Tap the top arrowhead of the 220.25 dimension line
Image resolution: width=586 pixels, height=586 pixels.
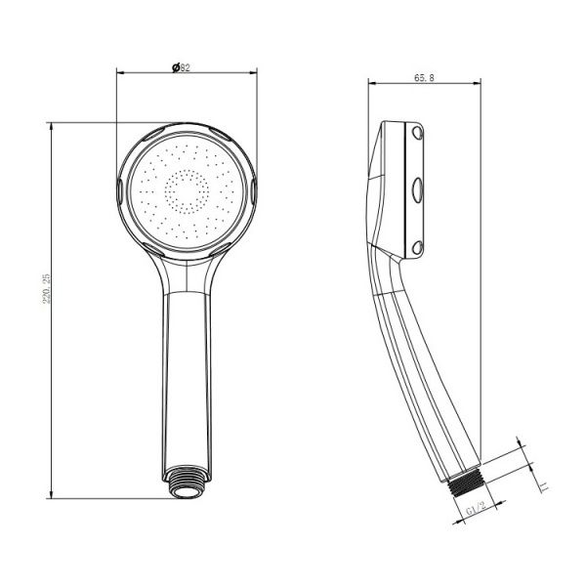click(x=49, y=125)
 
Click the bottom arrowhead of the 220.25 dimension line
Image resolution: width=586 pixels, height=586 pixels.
click(x=49, y=495)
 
